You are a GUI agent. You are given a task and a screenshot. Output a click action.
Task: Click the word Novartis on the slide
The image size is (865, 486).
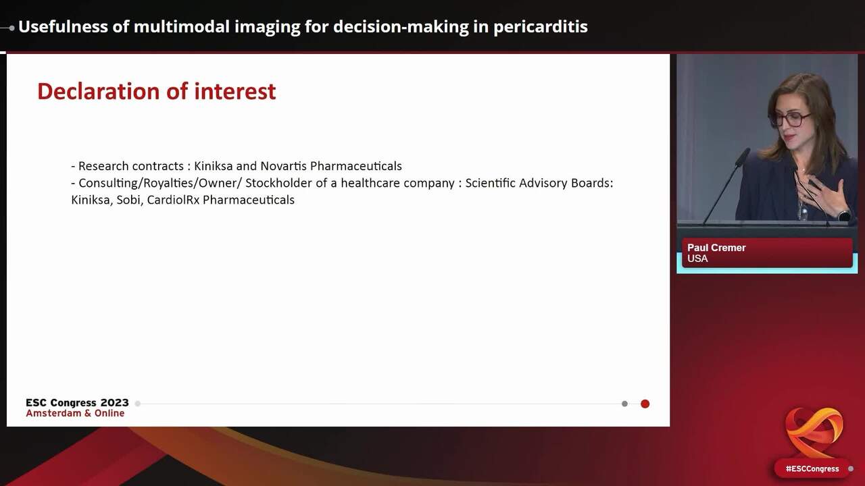[283, 166]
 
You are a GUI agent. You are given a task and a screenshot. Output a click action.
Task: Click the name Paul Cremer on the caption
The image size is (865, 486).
[716, 248]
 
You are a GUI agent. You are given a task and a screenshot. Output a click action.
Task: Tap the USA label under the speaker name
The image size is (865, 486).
[697, 259]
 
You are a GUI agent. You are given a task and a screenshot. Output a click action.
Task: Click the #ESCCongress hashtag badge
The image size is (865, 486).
[812, 468]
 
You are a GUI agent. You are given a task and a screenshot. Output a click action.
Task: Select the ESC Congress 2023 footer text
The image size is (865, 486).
[77, 403]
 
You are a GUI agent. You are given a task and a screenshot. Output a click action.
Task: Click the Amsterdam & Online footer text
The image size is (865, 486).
[75, 413]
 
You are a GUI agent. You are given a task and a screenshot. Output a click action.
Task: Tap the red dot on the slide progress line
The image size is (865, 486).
[645, 404]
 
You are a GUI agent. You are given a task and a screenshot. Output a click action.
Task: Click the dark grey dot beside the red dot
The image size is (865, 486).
[624, 404]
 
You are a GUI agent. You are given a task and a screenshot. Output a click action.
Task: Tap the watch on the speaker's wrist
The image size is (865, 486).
[844, 215]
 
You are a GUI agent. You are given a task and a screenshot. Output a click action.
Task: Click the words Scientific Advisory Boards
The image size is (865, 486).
[539, 183]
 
